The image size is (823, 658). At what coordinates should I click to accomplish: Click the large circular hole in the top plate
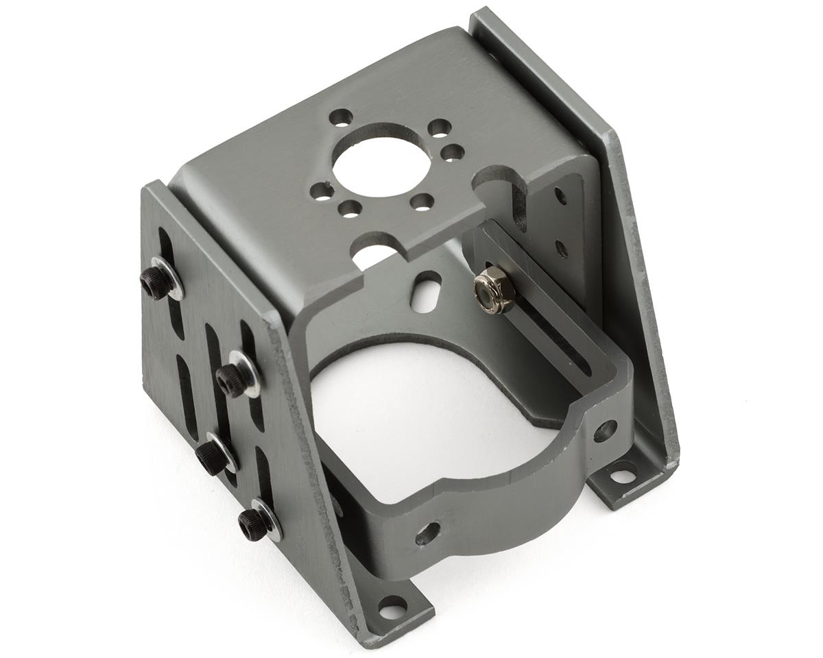point(382,160)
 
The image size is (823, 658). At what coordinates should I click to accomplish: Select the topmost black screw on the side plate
point(156,282)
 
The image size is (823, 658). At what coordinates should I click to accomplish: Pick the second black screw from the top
point(233,379)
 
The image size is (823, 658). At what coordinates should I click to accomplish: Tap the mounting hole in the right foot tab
point(623,474)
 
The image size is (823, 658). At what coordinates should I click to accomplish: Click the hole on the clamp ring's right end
point(604,430)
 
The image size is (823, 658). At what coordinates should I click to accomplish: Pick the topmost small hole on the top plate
point(340,117)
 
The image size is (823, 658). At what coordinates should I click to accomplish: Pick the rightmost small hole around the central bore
point(452,152)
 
